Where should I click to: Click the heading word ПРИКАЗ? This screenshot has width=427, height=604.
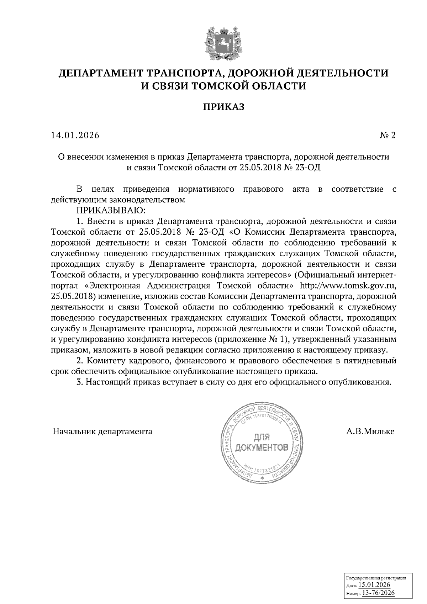223,107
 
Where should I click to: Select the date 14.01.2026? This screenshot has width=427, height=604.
75,136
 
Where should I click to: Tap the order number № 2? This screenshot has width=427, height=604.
388,136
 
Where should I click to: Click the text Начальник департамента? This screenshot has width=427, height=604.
102,432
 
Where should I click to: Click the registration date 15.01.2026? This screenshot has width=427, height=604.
374,585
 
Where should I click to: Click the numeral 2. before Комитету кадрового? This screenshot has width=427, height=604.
80,361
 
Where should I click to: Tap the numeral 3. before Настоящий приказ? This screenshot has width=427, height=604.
80,382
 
